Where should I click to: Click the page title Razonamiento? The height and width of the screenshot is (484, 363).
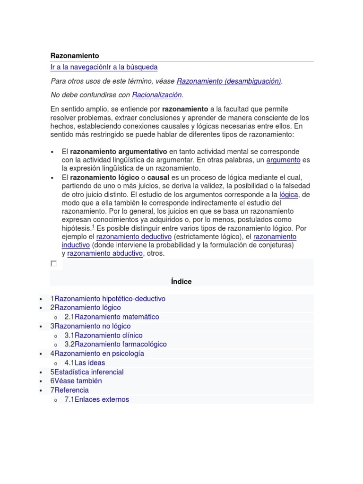click(75, 56)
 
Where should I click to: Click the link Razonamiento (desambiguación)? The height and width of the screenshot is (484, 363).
click(229, 81)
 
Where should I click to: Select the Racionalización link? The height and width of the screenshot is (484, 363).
click(156, 95)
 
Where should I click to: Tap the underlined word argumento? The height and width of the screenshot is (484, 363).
click(283, 160)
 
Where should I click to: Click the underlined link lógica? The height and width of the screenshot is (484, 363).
click(288, 194)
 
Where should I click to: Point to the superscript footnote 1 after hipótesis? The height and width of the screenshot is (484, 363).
click(93, 227)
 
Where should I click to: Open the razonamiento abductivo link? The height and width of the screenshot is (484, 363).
click(105, 253)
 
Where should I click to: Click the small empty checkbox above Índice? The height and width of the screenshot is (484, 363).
click(54, 264)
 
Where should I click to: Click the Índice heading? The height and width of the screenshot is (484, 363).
click(181, 282)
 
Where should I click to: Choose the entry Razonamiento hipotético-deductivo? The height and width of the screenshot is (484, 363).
click(110, 299)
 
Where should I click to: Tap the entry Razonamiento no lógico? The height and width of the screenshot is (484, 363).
click(92, 326)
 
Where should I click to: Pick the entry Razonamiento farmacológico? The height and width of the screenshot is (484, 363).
click(121, 344)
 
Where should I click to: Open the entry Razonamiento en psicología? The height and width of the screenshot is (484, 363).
click(99, 354)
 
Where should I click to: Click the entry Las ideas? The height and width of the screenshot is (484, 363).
click(90, 363)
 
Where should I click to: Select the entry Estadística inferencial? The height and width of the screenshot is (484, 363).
click(89, 372)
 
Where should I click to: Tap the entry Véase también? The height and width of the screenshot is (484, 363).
click(78, 381)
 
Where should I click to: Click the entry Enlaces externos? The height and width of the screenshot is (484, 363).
click(102, 399)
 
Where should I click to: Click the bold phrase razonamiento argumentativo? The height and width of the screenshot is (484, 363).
click(119, 152)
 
